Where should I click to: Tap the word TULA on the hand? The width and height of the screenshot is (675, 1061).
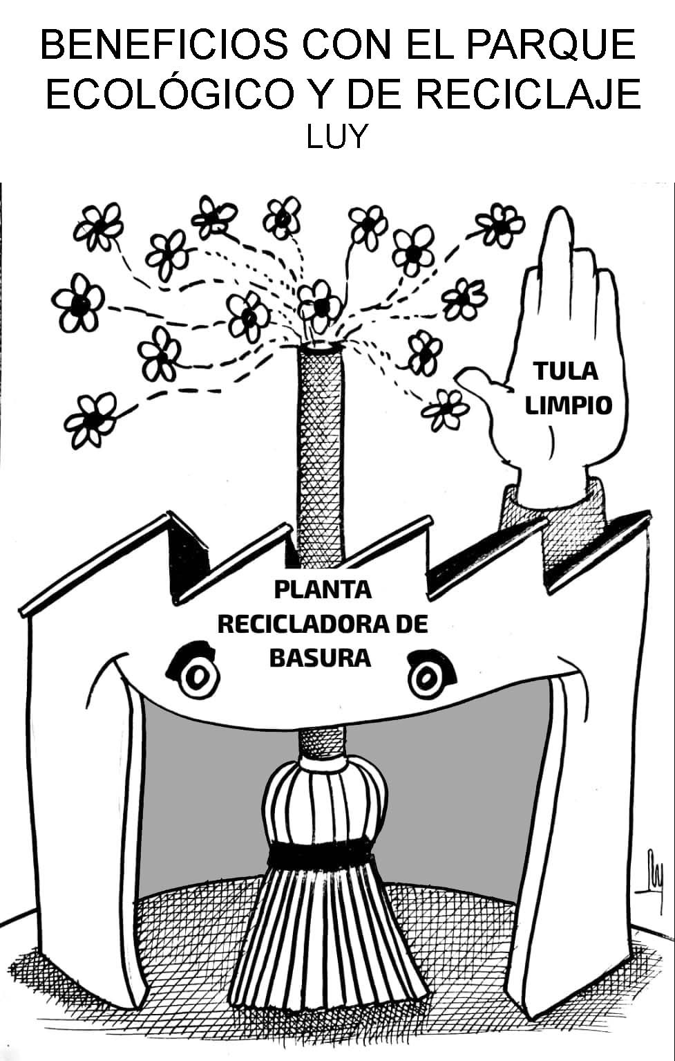565,371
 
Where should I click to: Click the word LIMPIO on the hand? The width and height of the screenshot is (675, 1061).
569,405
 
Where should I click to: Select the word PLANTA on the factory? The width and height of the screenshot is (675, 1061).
323,590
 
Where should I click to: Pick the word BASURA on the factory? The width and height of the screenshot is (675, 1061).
319,657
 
